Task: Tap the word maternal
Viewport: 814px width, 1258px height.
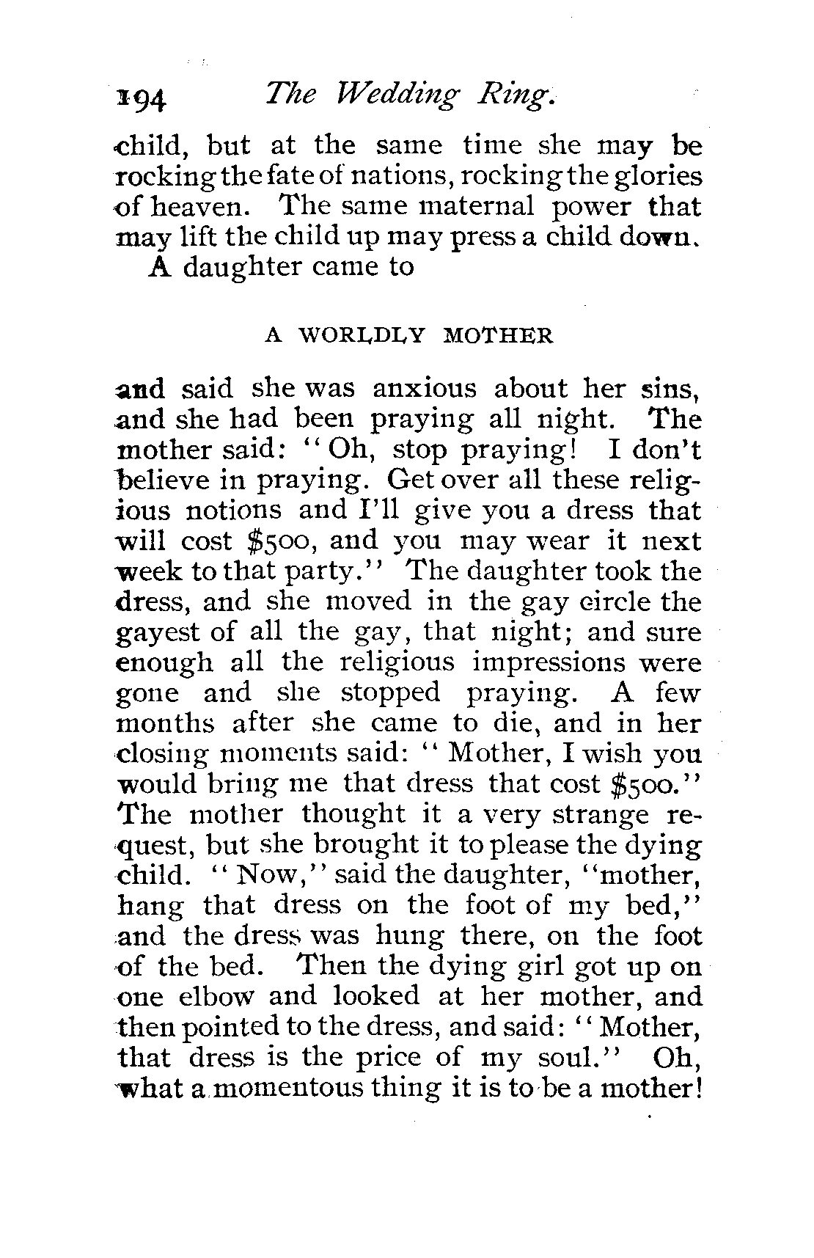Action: pyautogui.click(x=476, y=208)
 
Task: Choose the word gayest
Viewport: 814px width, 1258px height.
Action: pyautogui.click(x=158, y=632)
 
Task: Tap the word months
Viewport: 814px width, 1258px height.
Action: pyautogui.click(x=166, y=723)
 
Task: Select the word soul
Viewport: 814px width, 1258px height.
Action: pyautogui.click(x=583, y=1057)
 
